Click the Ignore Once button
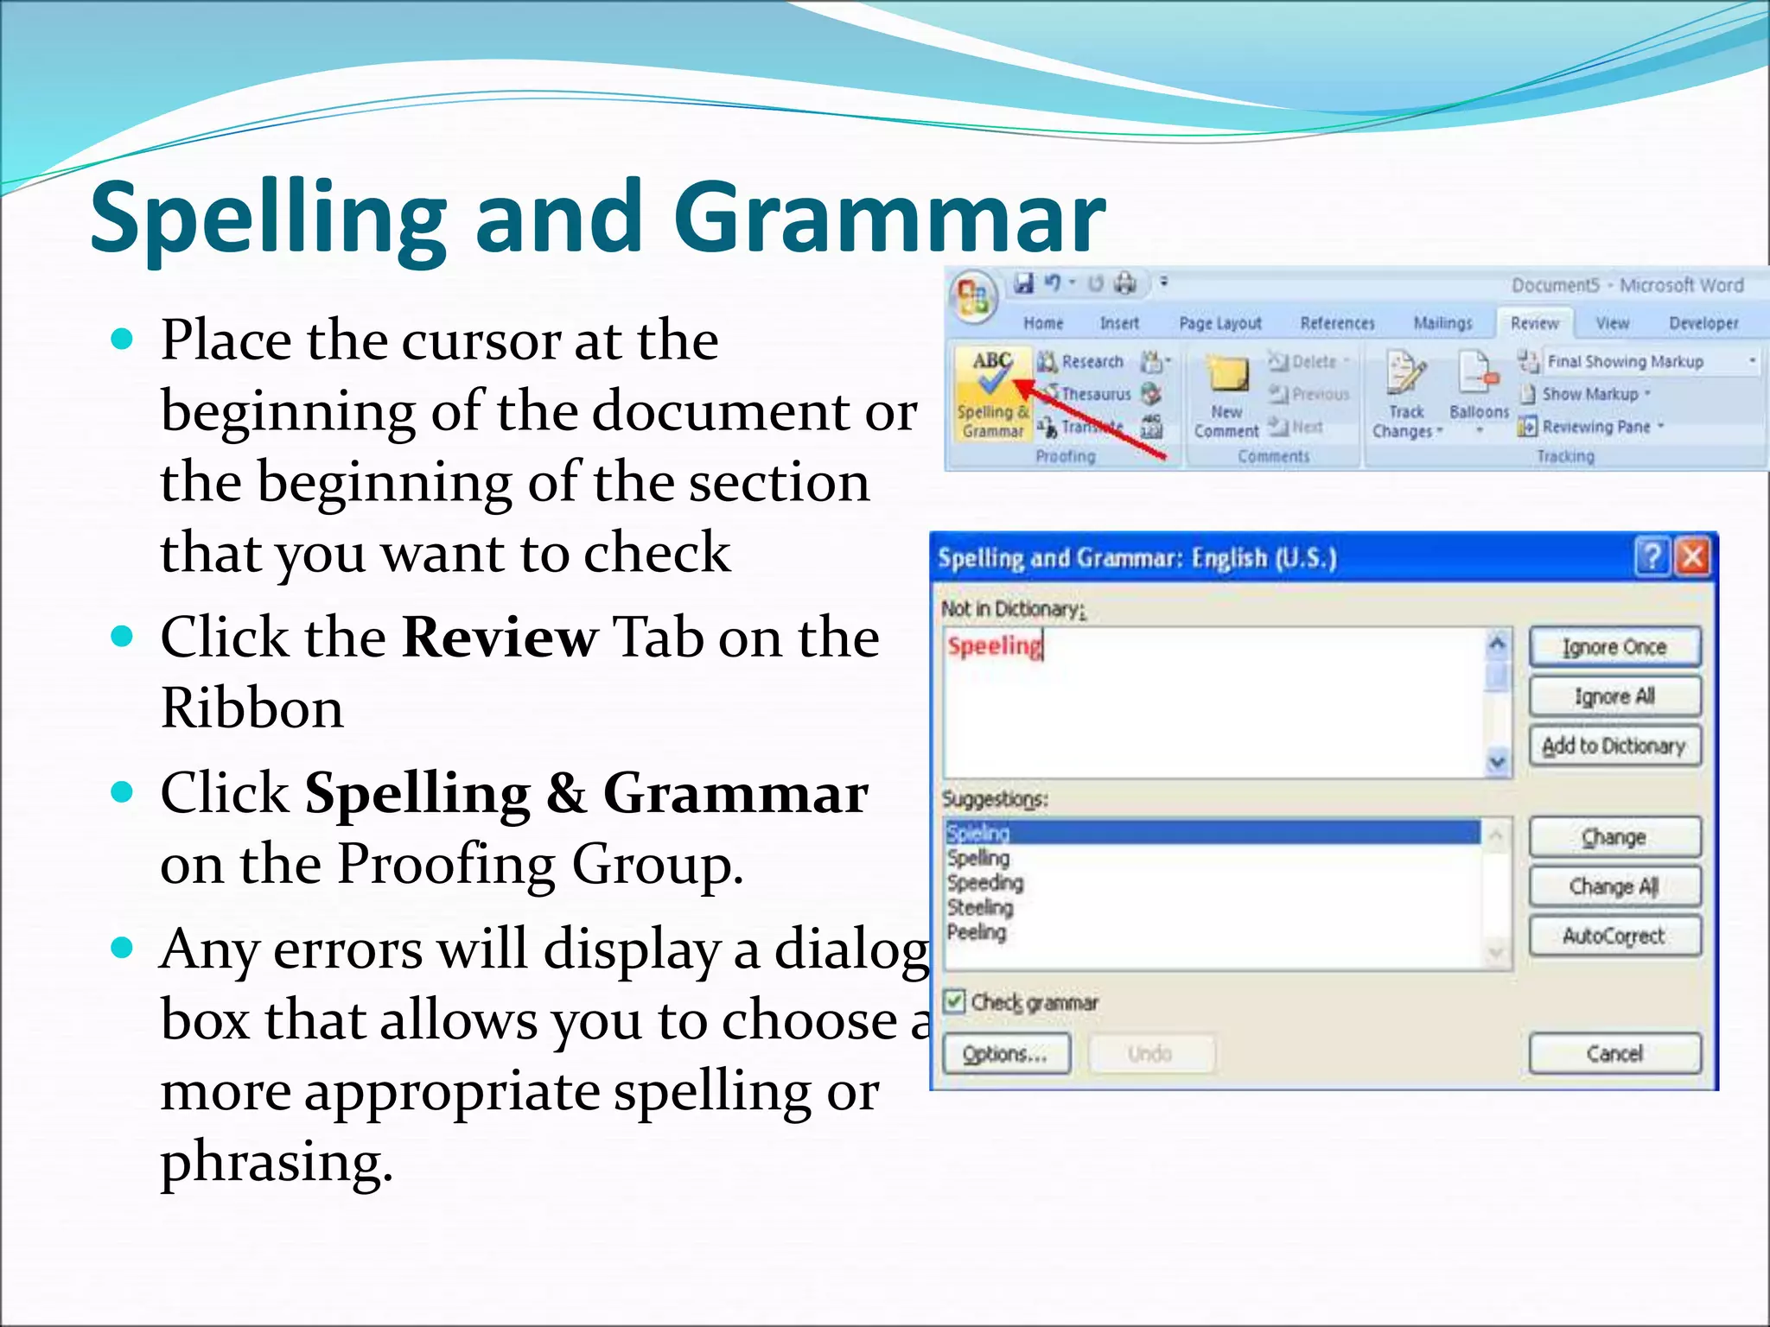click(x=1614, y=647)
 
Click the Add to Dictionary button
click(x=1614, y=746)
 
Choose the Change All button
click(x=1614, y=886)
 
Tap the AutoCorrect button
click(x=1614, y=936)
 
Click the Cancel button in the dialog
click(x=1614, y=1053)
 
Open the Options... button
click(x=1005, y=1054)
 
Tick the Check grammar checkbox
click(x=954, y=1002)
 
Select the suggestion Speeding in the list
click(x=985, y=883)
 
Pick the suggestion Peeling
click(x=977, y=932)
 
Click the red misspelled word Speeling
click(x=994, y=646)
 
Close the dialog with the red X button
click(x=1692, y=557)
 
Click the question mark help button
click(x=1652, y=557)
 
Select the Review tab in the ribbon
click(x=1534, y=323)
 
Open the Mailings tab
click(x=1442, y=323)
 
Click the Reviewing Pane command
click(x=1595, y=427)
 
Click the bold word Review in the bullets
click(x=500, y=638)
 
